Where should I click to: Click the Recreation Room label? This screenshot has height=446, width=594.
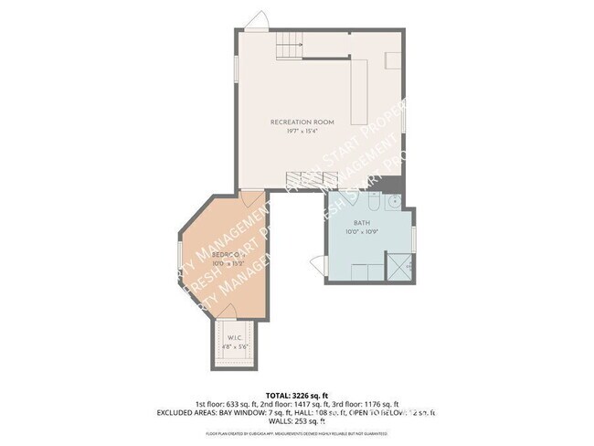pyautogui.click(x=302, y=122)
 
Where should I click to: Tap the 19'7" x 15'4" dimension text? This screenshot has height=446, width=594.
pyautogui.click(x=302, y=131)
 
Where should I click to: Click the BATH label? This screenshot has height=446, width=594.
pyautogui.click(x=362, y=222)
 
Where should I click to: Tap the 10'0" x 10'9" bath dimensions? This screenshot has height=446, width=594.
pyautogui.click(x=362, y=231)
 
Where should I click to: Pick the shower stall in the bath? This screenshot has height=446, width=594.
pyautogui.click(x=397, y=266)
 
